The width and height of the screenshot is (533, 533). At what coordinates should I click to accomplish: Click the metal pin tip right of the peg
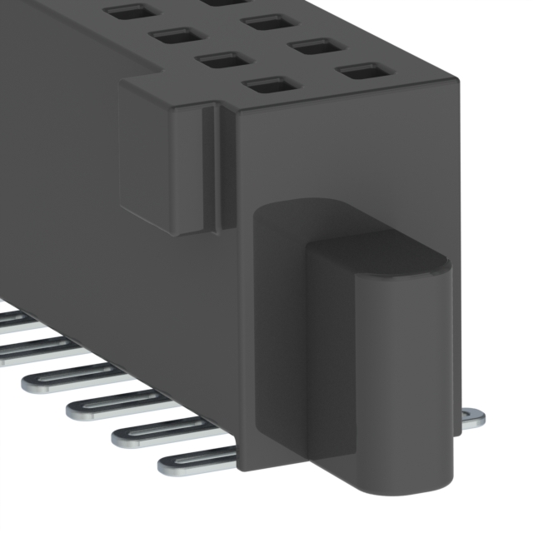(472, 419)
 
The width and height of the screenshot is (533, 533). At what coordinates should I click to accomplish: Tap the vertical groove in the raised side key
(210, 167)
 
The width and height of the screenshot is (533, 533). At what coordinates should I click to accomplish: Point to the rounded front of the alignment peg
(400, 383)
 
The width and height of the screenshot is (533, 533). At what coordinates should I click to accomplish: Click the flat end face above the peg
(350, 150)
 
